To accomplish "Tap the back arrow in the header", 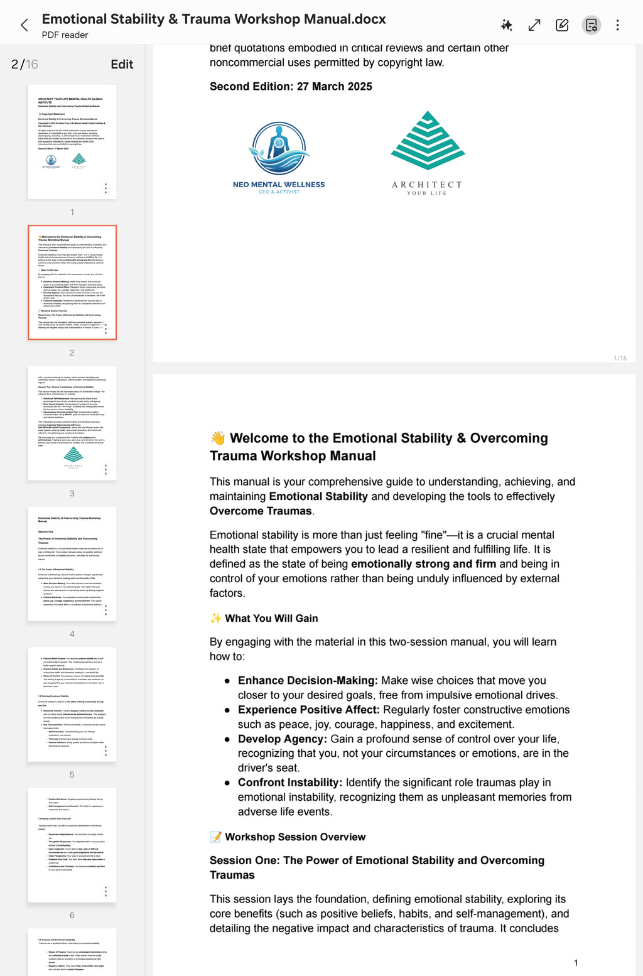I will pyautogui.click(x=24, y=25).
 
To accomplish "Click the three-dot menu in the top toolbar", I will pyautogui.click(x=617, y=25).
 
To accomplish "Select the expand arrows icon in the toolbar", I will pyautogui.click(x=534, y=25).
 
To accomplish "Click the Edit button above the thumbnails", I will pyautogui.click(x=122, y=64).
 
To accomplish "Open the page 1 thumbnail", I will pyautogui.click(x=72, y=142).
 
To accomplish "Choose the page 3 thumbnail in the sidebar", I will pyautogui.click(x=72, y=423).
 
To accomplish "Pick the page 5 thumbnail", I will pyautogui.click(x=72, y=704).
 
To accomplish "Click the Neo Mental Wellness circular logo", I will pyautogui.click(x=279, y=149).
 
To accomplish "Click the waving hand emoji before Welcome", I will pyautogui.click(x=217, y=438).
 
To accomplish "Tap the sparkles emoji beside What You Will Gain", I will pyautogui.click(x=215, y=619).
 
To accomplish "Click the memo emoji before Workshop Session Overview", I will pyautogui.click(x=215, y=837).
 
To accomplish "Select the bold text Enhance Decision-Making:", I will pyautogui.click(x=308, y=681).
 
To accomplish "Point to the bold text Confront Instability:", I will pyautogui.click(x=289, y=783).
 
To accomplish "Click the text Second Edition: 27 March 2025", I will pyautogui.click(x=291, y=87).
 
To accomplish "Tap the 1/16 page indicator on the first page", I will pyautogui.click(x=620, y=359).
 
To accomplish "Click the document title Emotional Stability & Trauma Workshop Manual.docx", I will pyautogui.click(x=213, y=19).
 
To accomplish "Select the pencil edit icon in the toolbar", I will pyautogui.click(x=562, y=25).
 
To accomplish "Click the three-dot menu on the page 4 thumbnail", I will pyautogui.click(x=105, y=610).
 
